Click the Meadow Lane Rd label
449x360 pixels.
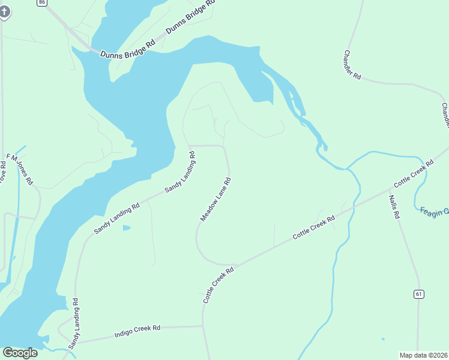click(215, 199)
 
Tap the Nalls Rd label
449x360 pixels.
click(394, 206)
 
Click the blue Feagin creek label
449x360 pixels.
click(434, 211)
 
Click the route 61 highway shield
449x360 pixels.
click(418, 293)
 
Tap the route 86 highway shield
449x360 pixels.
click(41, 2)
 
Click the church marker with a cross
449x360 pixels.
click(4, 11)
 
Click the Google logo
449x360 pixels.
click(20, 353)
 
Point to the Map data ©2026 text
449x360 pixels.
click(423, 355)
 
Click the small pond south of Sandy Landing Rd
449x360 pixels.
click(126, 228)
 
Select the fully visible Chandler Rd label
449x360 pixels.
click(352, 64)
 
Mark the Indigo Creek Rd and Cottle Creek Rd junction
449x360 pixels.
click(203, 326)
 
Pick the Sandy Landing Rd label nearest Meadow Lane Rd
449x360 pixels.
click(180, 171)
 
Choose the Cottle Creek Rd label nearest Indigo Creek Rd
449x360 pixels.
click(217, 285)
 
